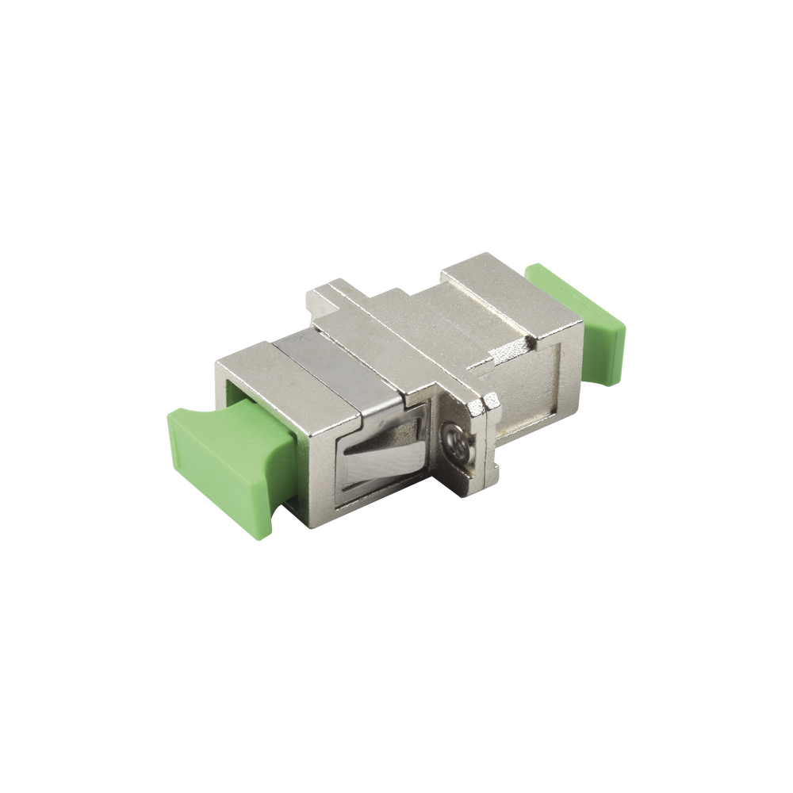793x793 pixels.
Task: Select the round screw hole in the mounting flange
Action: coord(453,435)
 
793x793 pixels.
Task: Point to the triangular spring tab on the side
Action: coord(373,460)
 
